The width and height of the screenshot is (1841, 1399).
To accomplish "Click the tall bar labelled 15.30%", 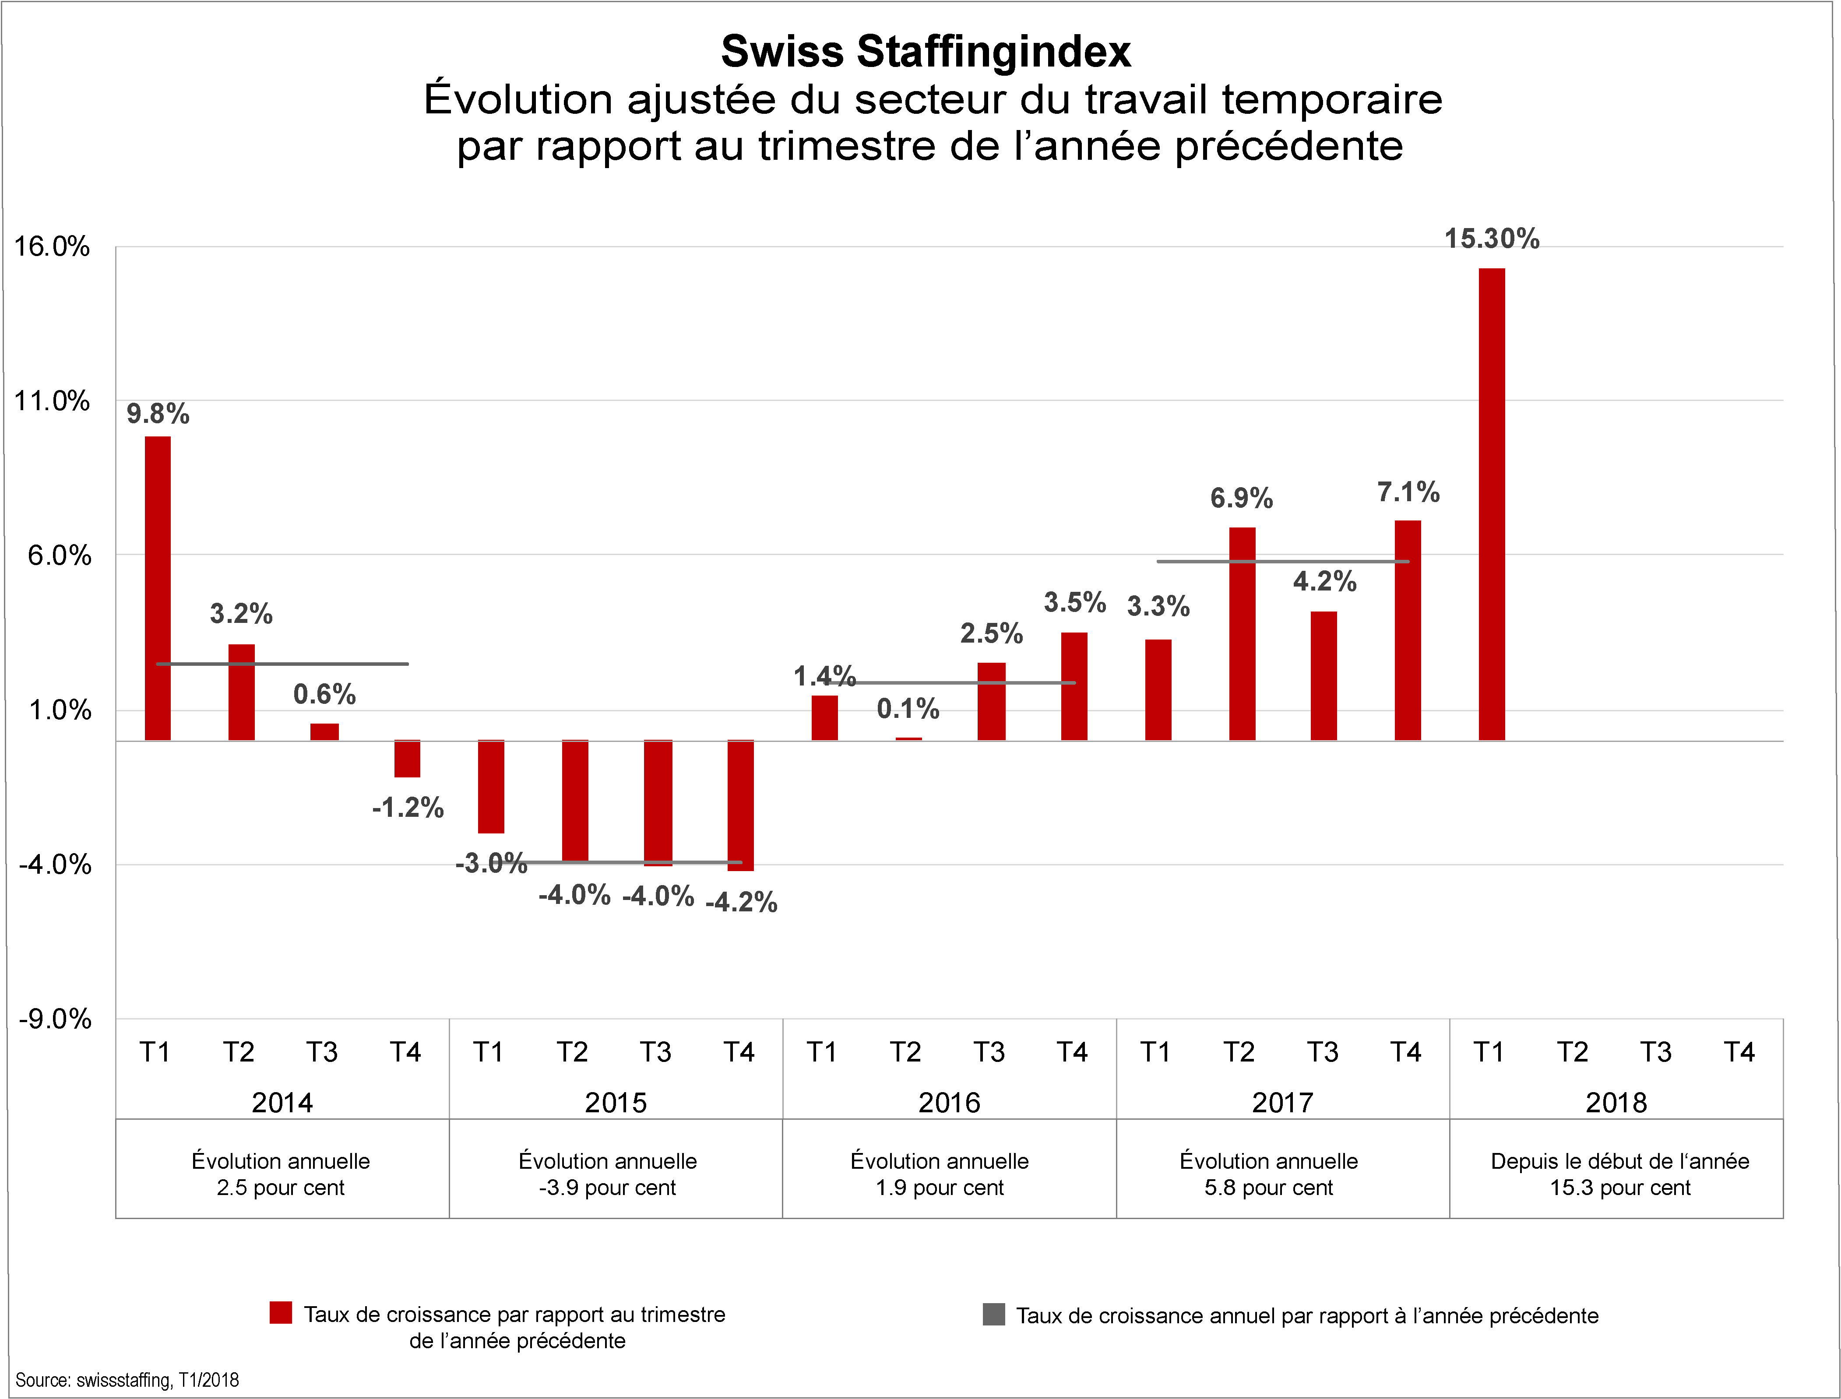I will click(x=1491, y=504).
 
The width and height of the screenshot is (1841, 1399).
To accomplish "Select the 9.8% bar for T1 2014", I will click(x=157, y=588).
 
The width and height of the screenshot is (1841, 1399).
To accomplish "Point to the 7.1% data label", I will click(x=1408, y=492).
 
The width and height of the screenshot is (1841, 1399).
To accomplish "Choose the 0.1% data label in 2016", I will click(x=908, y=709).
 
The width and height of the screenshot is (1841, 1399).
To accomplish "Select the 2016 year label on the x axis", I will click(x=949, y=1103).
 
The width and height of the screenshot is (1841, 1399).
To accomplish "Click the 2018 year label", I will click(x=1616, y=1103).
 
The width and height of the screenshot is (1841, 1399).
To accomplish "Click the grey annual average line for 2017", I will click(x=1282, y=561).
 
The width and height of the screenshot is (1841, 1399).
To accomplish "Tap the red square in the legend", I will click(x=281, y=1313).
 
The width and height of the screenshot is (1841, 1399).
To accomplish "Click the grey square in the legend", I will click(x=993, y=1315).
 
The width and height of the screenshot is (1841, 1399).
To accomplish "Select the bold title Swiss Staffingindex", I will click(x=926, y=52).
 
